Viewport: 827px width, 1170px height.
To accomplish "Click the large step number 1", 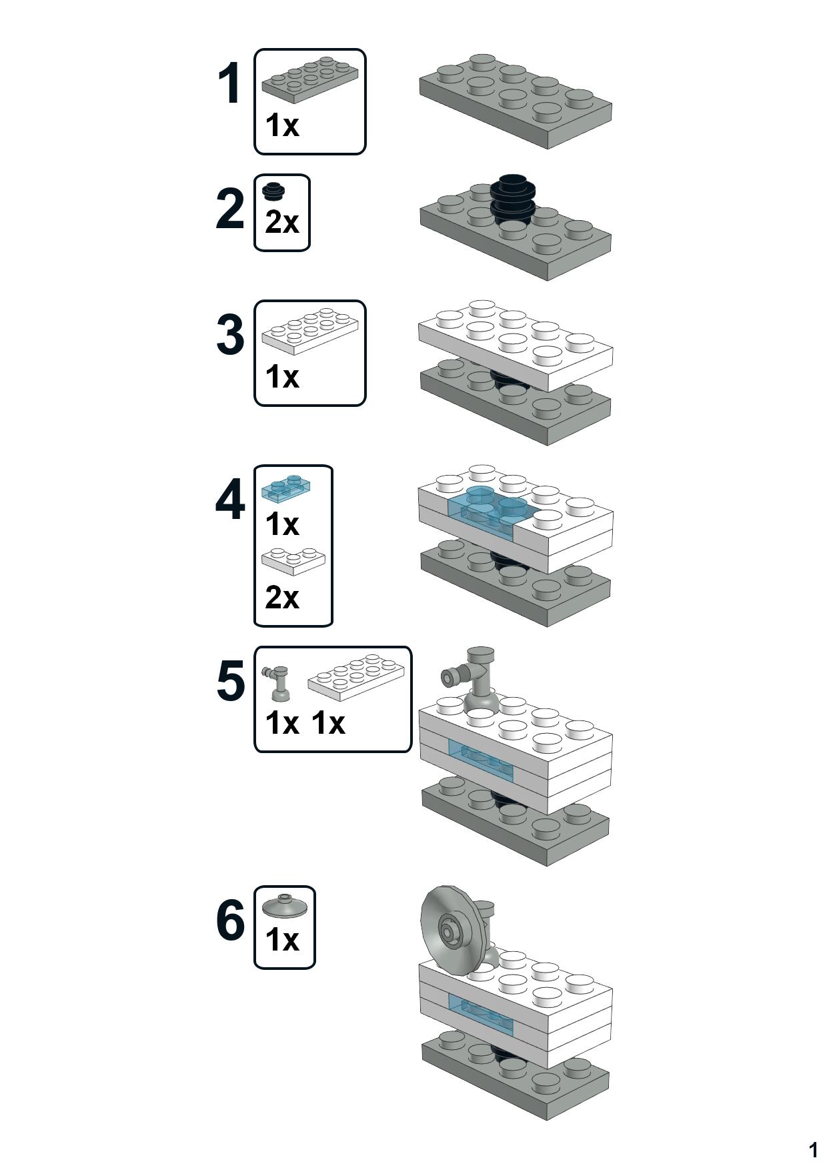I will pos(229,84).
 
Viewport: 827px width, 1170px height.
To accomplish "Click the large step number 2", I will pos(230,209).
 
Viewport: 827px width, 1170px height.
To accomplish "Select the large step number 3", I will pos(230,335).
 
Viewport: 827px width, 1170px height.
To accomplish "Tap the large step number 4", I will pos(230,501).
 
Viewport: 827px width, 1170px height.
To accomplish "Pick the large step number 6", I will pos(231,921).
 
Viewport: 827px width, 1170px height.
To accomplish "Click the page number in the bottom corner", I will pos(813,1150).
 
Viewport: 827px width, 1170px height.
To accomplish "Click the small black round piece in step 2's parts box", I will pos(273,191).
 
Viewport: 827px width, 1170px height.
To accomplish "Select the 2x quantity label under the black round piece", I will pos(282,222).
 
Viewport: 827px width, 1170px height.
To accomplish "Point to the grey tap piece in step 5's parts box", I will pos(277,683).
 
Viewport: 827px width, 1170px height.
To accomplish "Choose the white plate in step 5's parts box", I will pos(356,676).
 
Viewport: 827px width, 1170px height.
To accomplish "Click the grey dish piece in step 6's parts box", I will pos(285,906).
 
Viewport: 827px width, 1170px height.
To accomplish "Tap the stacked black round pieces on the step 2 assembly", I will pos(513,197).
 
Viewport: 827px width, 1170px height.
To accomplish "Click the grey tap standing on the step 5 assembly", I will pos(475,680).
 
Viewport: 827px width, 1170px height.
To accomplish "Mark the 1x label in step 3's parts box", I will pos(282,376).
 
